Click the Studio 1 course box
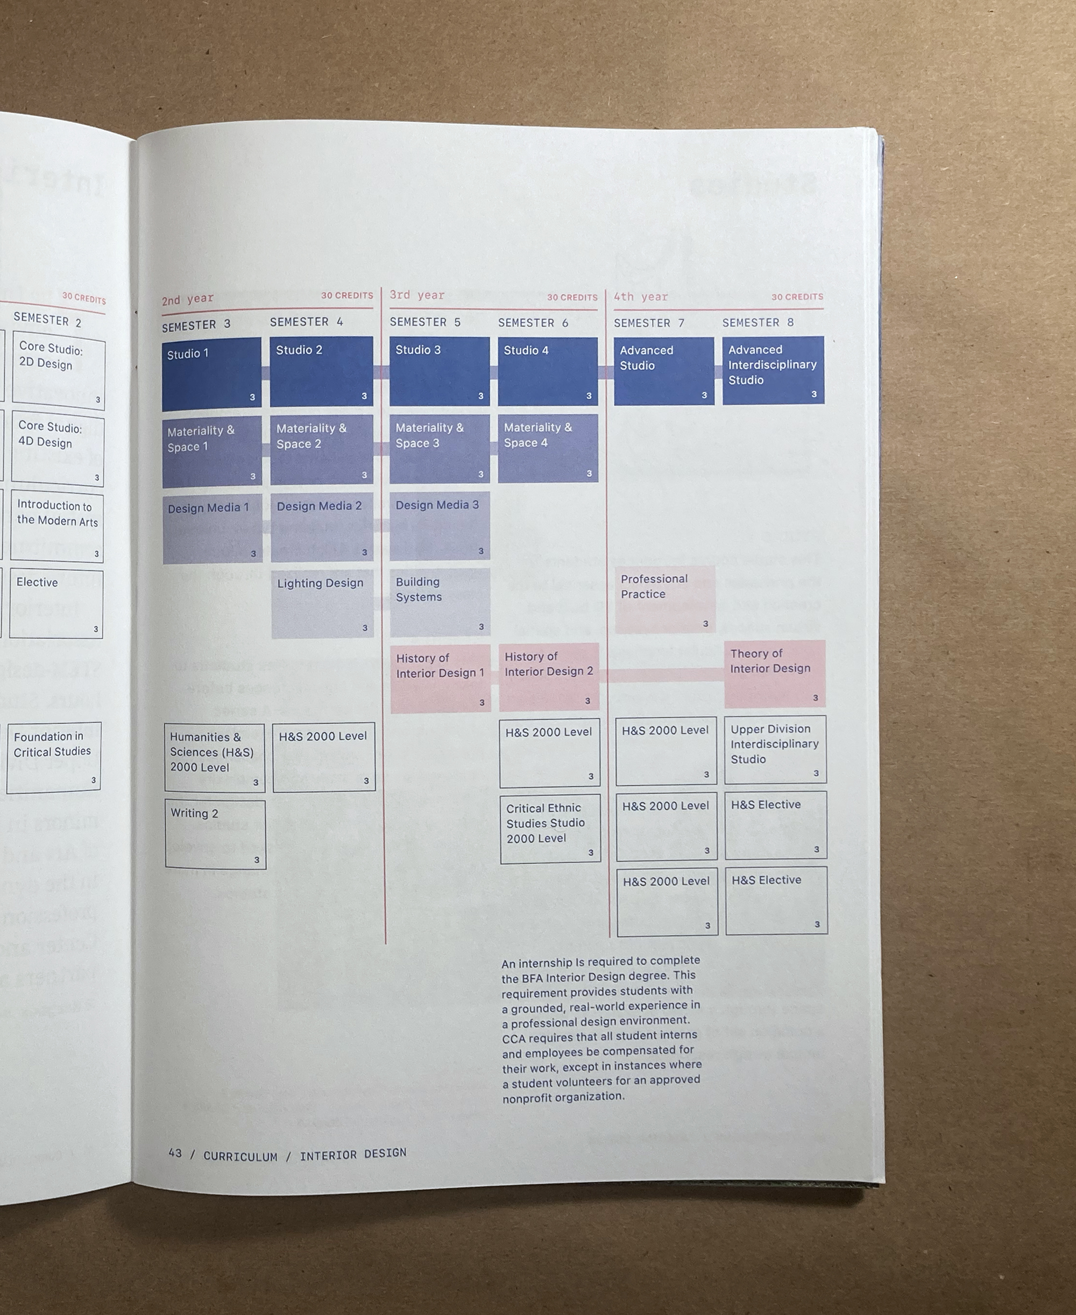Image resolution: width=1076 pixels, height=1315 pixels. tap(211, 375)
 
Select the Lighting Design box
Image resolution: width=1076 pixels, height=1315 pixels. tap(322, 605)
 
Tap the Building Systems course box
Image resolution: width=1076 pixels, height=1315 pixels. tap(440, 602)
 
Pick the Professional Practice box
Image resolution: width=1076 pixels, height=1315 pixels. tap(664, 599)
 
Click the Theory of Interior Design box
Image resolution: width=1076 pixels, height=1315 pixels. tap(775, 674)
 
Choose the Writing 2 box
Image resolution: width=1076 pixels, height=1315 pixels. tap(215, 835)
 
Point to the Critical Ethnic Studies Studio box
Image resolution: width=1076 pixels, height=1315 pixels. tap(550, 829)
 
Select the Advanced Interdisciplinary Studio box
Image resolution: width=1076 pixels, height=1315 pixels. tap(773, 370)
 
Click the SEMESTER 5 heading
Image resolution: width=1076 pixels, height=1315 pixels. tap(425, 322)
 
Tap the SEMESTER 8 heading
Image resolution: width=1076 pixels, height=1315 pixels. tap(758, 323)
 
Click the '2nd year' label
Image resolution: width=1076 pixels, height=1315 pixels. tap(187, 300)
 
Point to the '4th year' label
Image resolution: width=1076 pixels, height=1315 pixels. tap(640, 297)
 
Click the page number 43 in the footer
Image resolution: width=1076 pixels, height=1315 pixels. tap(175, 1153)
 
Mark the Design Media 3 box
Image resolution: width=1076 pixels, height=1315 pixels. tap(440, 526)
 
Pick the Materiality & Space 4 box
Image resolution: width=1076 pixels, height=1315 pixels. tap(548, 448)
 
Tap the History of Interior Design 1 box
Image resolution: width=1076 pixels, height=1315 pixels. tap(440, 678)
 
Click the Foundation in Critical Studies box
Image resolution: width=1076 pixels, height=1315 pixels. tap(53, 757)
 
